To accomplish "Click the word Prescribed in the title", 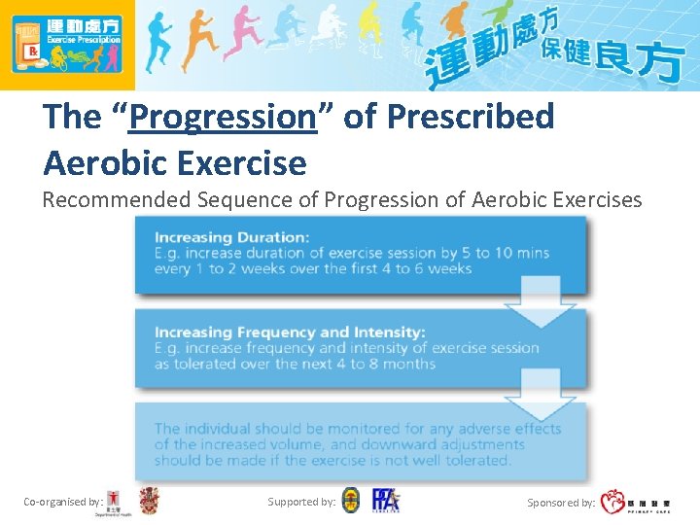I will pyautogui.click(x=471, y=117).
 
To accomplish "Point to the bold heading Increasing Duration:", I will pyautogui.click(x=231, y=236).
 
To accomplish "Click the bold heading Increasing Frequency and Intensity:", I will pyautogui.click(x=289, y=332).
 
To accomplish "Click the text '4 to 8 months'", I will pyautogui.click(x=386, y=364).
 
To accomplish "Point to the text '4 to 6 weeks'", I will pyautogui.click(x=421, y=268).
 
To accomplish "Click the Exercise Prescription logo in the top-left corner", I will pyautogui.click(x=66, y=44).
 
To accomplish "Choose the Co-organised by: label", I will pyautogui.click(x=63, y=502).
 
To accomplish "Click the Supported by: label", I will pyautogui.click(x=301, y=502).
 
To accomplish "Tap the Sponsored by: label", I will pyautogui.click(x=561, y=503).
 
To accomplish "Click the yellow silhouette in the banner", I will pyautogui.click(x=367, y=34).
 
